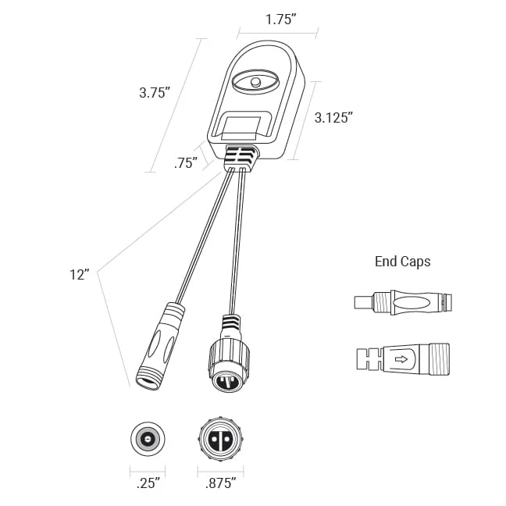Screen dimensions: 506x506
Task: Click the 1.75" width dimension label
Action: pyautogui.click(x=280, y=20)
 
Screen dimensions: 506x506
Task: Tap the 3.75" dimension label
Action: pyautogui.click(x=155, y=93)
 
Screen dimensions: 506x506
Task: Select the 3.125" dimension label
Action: pyautogui.click(x=334, y=117)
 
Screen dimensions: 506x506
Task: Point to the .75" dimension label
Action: pyautogui.click(x=186, y=163)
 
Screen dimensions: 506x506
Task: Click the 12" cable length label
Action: pyautogui.click(x=79, y=275)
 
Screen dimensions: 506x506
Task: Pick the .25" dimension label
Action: pyautogui.click(x=148, y=483)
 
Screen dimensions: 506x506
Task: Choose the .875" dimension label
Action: pyautogui.click(x=221, y=483)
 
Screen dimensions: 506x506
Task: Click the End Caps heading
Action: pyautogui.click(x=403, y=262)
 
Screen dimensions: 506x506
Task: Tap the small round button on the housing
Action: pyautogui.click(x=255, y=81)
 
